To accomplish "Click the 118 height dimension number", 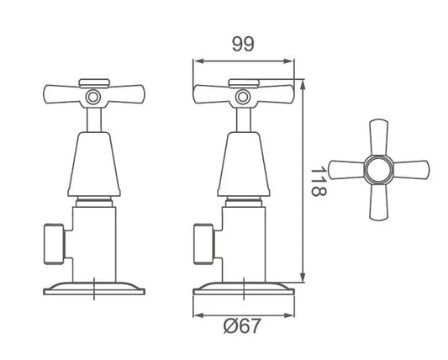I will coord(317,180).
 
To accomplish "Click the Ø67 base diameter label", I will coord(243,327).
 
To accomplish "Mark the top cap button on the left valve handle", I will coord(93,82).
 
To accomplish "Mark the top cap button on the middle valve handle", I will coord(244,82).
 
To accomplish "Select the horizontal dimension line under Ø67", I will coord(243,316).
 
